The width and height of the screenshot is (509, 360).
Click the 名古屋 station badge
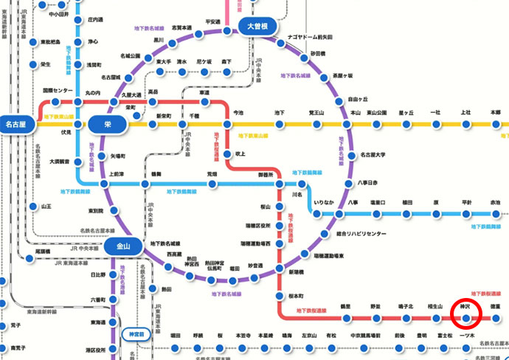17,125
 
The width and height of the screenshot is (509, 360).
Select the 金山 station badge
118,246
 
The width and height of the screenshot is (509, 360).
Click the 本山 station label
355,113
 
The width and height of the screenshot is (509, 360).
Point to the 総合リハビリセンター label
361,234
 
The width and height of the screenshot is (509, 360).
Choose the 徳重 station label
496,305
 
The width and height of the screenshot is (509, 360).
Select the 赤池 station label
495,201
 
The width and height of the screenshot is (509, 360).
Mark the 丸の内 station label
94,92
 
